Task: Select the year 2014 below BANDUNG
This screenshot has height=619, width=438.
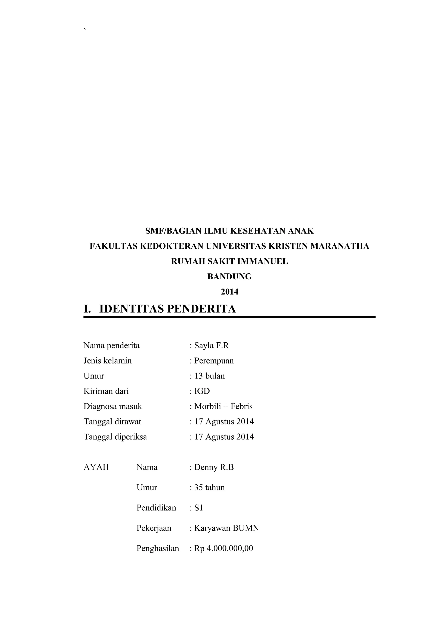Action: [229, 292]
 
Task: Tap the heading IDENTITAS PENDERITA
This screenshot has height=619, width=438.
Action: [168, 309]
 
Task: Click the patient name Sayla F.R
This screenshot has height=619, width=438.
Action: [211, 345]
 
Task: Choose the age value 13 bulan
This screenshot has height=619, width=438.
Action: [209, 376]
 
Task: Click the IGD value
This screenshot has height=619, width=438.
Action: [202, 391]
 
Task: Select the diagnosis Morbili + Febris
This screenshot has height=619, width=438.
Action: [223, 406]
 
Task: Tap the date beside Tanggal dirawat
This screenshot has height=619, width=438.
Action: [224, 421]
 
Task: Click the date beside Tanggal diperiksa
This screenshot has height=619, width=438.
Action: [224, 437]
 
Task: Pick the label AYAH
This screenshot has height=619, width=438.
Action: [96, 467]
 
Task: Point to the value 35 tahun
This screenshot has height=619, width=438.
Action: [209, 487]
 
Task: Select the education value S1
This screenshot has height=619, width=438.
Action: [199, 508]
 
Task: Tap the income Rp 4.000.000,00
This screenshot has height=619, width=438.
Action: [223, 548]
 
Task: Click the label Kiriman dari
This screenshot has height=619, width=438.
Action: [106, 391]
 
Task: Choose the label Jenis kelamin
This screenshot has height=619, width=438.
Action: [107, 361]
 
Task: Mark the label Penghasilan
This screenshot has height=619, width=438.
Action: [158, 548]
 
